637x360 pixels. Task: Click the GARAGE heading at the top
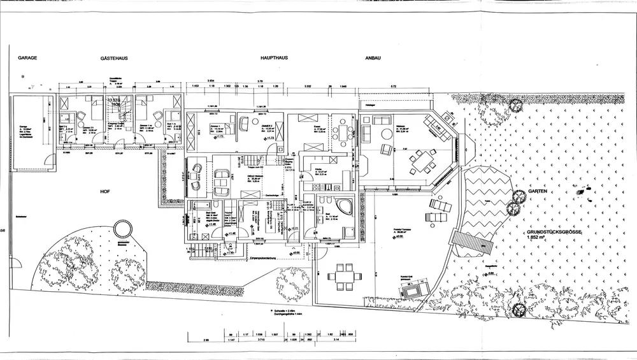(28, 57)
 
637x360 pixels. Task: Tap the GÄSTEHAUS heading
(114, 58)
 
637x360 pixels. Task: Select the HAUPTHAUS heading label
(274, 58)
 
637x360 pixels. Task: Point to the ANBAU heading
(373, 58)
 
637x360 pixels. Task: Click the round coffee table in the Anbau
(385, 134)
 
